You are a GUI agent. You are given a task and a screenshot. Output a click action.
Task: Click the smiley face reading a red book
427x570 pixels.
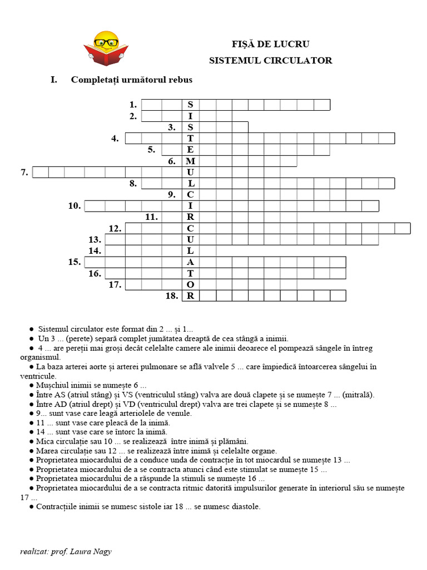click(x=106, y=43)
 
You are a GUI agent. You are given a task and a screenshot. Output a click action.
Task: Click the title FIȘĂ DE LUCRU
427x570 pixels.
click(x=270, y=44)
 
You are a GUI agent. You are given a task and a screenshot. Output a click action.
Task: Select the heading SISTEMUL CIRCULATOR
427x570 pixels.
click(x=270, y=60)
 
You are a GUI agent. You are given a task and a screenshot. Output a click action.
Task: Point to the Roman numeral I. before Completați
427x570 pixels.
click(x=54, y=80)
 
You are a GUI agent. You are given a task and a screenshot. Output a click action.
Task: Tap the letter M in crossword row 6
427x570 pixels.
click(x=190, y=161)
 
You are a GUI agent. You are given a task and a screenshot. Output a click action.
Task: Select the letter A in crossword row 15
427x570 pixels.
click(x=190, y=262)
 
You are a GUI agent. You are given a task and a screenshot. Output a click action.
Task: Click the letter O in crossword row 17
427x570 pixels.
click(x=190, y=284)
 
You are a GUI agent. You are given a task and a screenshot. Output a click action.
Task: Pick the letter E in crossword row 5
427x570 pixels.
click(x=190, y=150)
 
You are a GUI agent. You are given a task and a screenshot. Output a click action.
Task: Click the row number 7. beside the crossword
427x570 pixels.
click(x=24, y=173)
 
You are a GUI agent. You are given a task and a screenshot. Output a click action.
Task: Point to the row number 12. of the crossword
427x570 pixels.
click(x=115, y=228)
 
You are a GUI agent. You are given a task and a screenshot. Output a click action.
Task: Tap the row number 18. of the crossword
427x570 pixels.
click(x=172, y=296)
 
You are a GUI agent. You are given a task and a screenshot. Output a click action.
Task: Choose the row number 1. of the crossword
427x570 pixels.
click(x=133, y=105)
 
